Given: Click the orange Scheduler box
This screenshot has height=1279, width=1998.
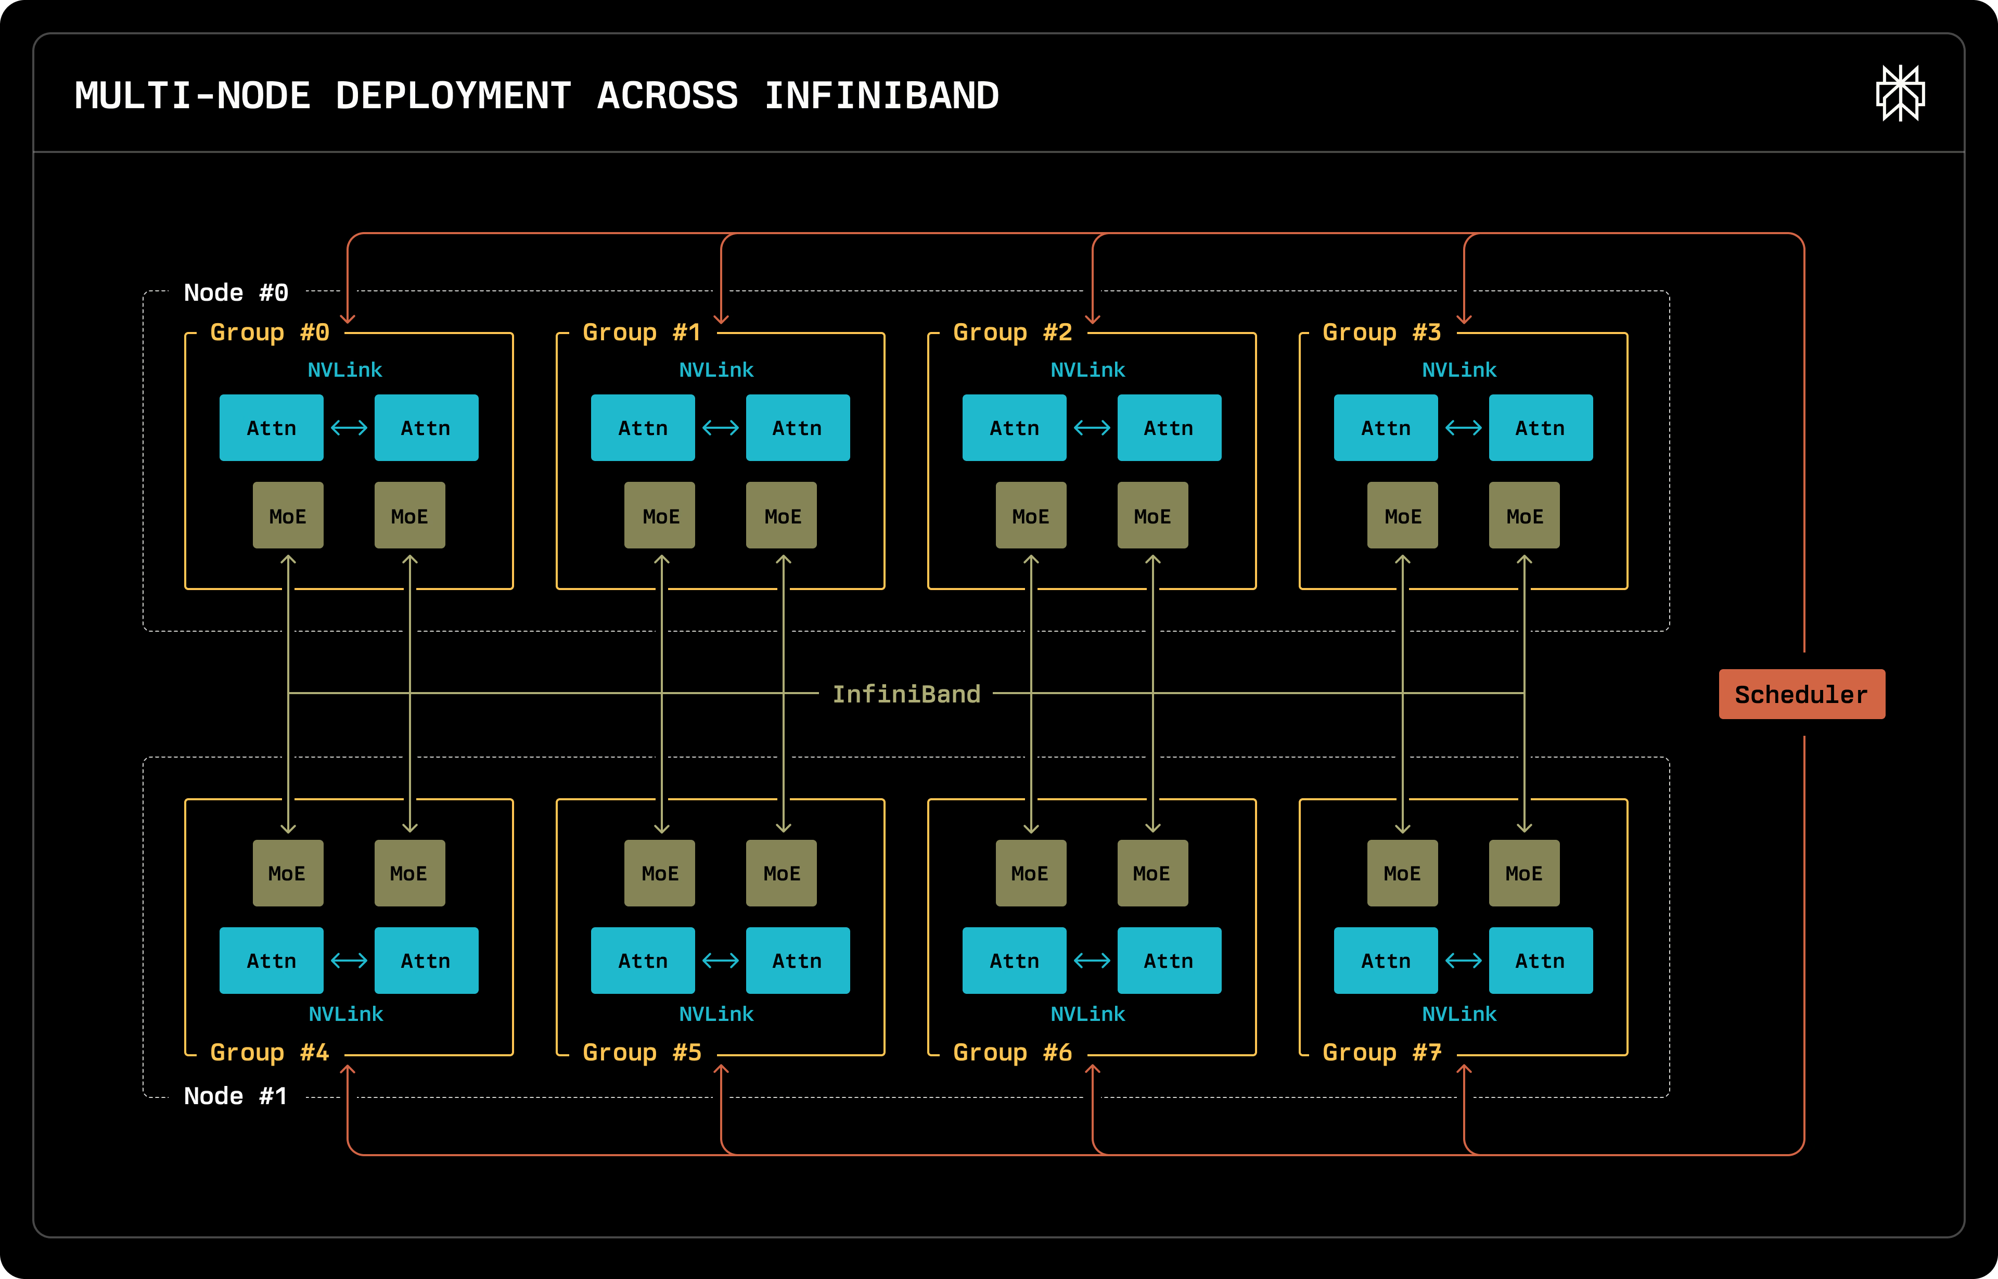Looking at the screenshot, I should point(1801,694).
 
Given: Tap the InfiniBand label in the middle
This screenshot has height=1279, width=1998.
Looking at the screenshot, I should point(906,694).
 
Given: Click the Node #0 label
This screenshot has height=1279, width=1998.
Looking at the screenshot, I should point(236,292).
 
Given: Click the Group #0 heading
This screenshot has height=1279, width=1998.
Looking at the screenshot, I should point(270,332).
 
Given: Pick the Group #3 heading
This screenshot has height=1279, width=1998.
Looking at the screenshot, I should point(1382,332).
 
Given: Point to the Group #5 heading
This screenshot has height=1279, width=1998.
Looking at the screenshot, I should point(642,1052).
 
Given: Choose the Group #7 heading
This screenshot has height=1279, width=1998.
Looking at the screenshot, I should point(1382,1052).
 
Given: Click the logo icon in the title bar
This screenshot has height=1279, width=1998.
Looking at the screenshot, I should point(1900,93).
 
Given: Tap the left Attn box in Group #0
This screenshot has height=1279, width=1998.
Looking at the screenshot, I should point(272,428).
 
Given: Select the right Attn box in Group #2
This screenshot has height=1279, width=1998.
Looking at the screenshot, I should point(1169,428).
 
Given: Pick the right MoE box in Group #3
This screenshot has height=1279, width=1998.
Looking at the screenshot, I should point(1525,516).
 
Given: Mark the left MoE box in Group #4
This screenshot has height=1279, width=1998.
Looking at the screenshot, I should point(287,873).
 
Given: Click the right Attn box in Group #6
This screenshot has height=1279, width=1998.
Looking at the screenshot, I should point(1169,961).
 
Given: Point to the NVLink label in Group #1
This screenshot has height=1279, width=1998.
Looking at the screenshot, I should point(716,369).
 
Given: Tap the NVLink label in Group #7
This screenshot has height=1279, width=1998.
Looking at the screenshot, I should point(1459,1014).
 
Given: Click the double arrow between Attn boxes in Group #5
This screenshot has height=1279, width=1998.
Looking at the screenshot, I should point(720,961).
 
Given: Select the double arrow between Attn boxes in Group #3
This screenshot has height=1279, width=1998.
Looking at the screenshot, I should point(1463,428).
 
